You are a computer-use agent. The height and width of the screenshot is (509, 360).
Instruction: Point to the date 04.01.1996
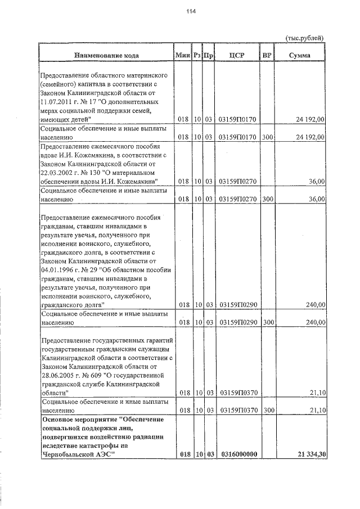pyautogui.click(x=58, y=269)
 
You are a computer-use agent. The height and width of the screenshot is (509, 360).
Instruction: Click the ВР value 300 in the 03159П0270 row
pyautogui.click(x=267, y=199)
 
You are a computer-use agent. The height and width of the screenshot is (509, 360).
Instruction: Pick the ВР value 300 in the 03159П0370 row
pyautogui.click(x=267, y=411)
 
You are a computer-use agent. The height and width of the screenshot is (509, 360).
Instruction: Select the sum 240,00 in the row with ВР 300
pyautogui.click(x=314, y=323)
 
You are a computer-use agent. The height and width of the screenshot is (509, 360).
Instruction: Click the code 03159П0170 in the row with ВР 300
pyautogui.click(x=237, y=137)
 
